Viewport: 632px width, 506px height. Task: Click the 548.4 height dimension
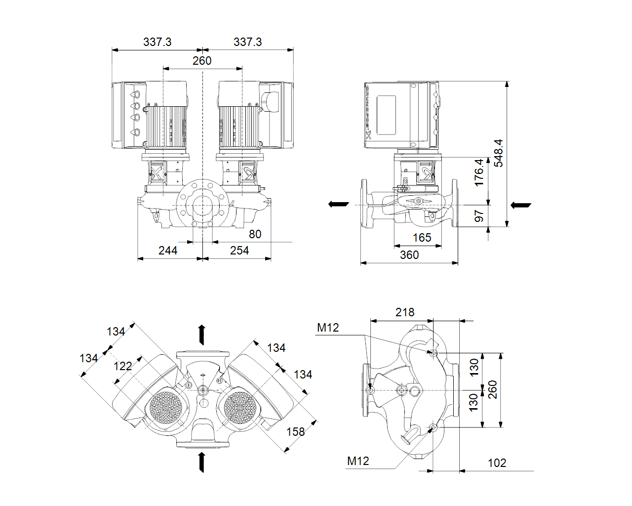click(x=499, y=153)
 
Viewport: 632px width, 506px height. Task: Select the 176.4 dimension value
click(x=479, y=172)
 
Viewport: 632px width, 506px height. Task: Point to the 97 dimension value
click(x=479, y=216)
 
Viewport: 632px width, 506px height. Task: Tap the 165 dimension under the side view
click(x=422, y=238)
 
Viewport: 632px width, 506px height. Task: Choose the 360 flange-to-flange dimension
click(x=409, y=255)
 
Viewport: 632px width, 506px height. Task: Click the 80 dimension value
click(x=255, y=234)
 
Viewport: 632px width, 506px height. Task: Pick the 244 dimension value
click(x=168, y=251)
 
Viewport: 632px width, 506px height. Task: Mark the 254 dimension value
click(x=239, y=251)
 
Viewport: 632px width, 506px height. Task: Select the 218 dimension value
click(x=405, y=312)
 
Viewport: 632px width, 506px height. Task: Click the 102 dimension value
click(x=497, y=463)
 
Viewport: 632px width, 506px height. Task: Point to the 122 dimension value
click(x=123, y=366)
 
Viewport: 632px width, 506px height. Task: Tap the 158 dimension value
click(x=296, y=432)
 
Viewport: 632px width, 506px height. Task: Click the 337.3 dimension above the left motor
click(x=158, y=42)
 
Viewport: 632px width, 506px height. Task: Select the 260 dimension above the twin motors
click(x=202, y=61)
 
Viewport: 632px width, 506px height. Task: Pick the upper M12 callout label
click(x=328, y=328)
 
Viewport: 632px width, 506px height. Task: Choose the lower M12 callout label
click(x=358, y=461)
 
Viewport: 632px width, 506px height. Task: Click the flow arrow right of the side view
click(x=520, y=205)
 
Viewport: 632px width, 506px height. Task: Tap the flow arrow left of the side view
click(x=339, y=204)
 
